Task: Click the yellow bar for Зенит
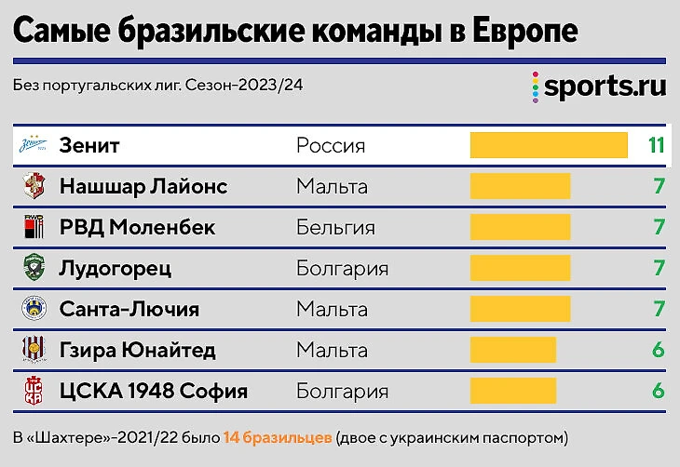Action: tap(548, 145)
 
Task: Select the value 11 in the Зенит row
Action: tap(656, 145)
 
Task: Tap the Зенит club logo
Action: tap(34, 146)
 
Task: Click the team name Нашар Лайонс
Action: tap(143, 187)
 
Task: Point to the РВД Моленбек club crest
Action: tap(34, 227)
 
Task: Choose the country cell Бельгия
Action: tap(335, 227)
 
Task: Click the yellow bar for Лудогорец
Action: tap(520, 268)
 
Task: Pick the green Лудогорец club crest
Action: tap(34, 268)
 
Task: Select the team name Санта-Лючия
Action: tap(129, 309)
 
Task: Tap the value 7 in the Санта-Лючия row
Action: tap(659, 309)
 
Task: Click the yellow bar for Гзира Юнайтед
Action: tap(513, 350)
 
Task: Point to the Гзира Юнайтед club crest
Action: tap(34, 350)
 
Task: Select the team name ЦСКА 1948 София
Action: tap(153, 391)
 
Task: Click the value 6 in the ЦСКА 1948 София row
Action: tap(659, 391)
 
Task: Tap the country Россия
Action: tap(331, 146)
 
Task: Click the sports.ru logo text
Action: tap(605, 87)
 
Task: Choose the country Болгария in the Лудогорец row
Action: tap(342, 268)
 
